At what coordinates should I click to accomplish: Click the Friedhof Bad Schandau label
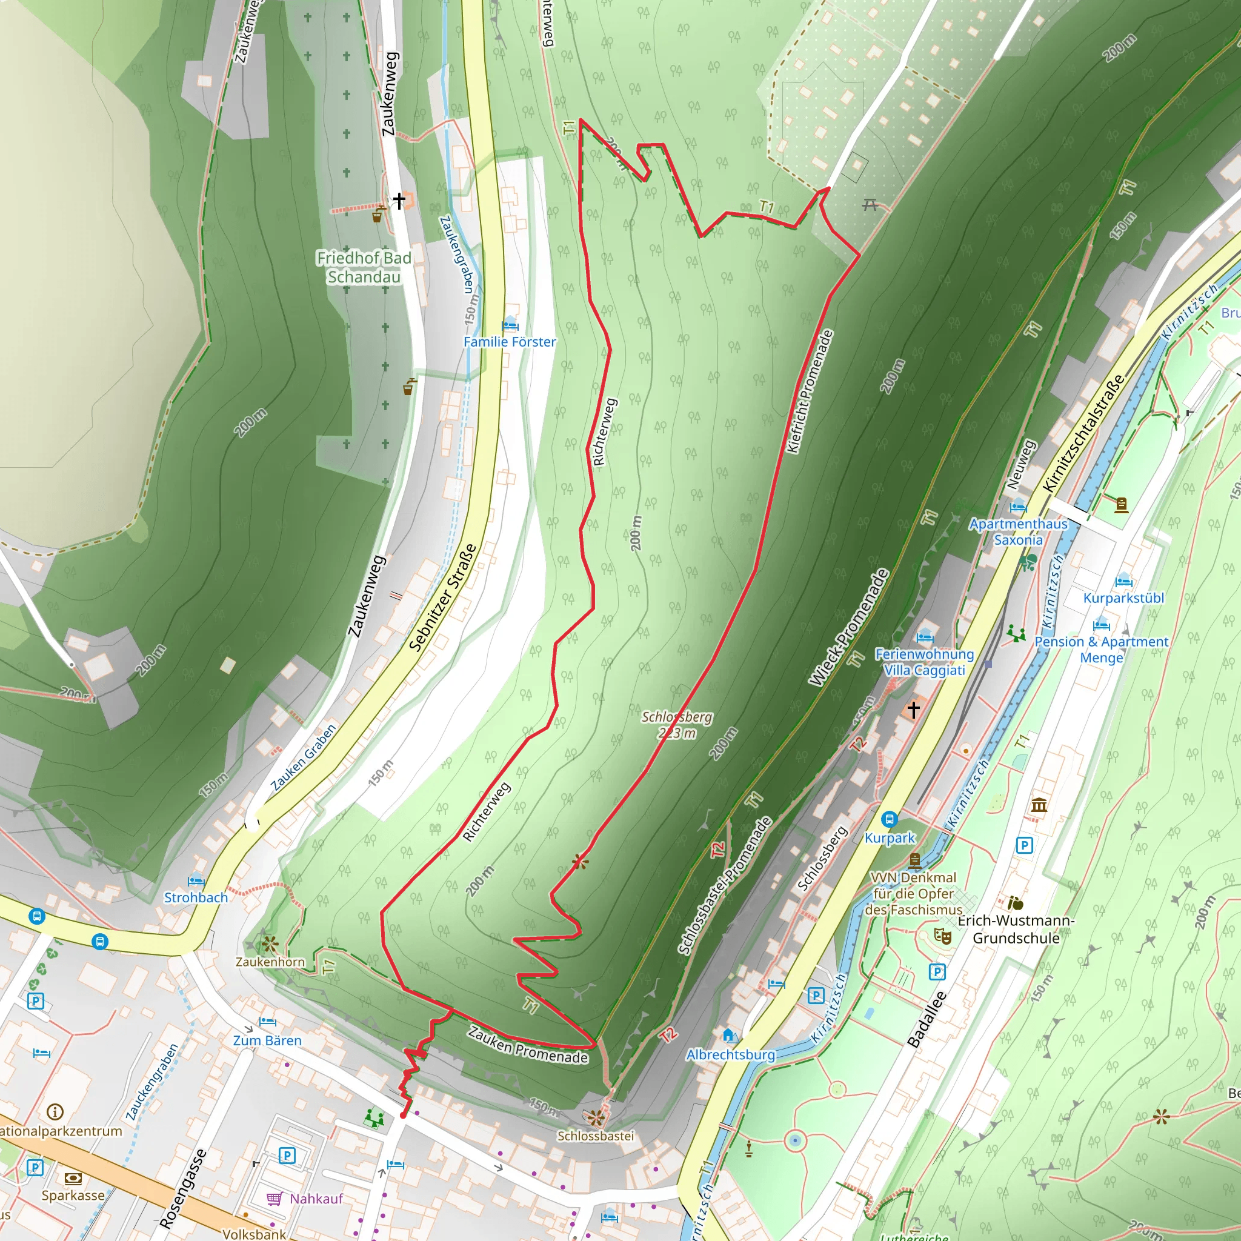[x=364, y=267]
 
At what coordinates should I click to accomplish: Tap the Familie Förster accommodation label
[x=510, y=342]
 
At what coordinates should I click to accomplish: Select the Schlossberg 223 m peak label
[x=677, y=725]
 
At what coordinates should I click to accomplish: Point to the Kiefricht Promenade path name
[x=810, y=391]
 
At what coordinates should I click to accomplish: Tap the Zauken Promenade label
[x=527, y=1045]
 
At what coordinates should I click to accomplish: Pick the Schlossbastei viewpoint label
[x=596, y=1136]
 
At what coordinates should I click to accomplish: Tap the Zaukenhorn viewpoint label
[x=270, y=962]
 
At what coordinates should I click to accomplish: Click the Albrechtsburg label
[x=730, y=1054]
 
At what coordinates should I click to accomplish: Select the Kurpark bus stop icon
[x=889, y=819]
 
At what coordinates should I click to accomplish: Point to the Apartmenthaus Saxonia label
[x=1018, y=532]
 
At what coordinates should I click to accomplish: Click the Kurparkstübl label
[x=1123, y=598]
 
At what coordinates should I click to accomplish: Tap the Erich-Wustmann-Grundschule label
[x=1016, y=929]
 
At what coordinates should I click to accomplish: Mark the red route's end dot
[x=403, y=1116]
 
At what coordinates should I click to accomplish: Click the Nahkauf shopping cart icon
[x=274, y=1199]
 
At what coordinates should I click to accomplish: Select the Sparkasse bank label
[x=73, y=1196]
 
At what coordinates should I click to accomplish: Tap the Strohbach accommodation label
[x=196, y=897]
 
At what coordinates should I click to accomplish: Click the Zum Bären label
[x=267, y=1040]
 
